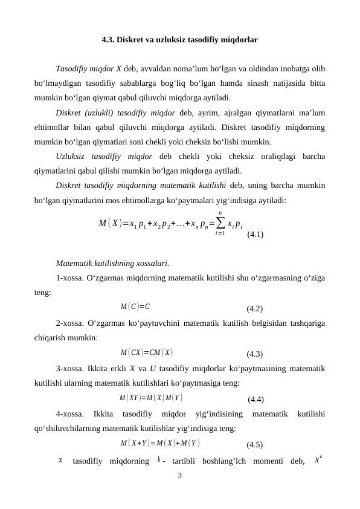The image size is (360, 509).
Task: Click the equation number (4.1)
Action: coord(254,233)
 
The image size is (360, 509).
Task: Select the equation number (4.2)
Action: coord(254,308)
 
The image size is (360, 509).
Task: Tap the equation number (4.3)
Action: coord(254,354)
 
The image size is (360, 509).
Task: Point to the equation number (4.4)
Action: coord(255,399)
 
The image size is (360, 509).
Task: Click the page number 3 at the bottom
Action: coord(179,475)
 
